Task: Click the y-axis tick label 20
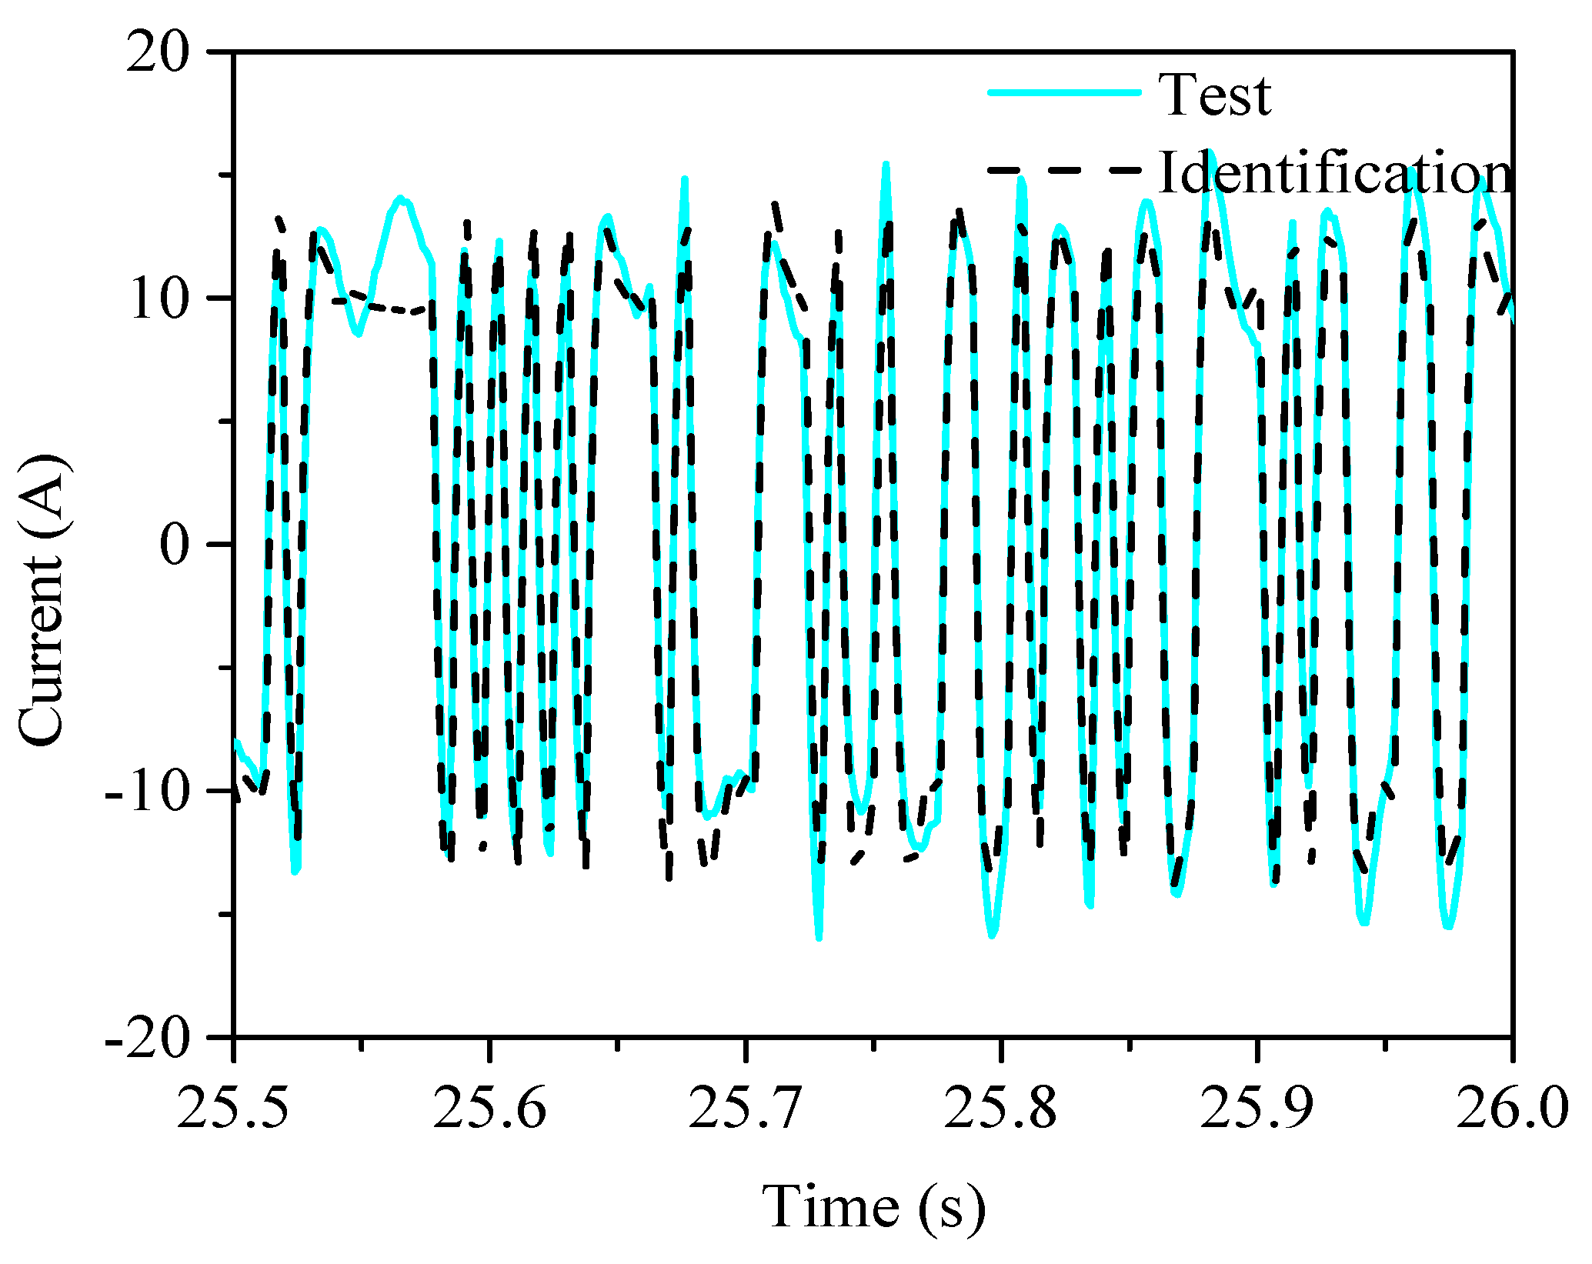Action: tap(158, 55)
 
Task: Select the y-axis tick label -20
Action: tap(147, 1039)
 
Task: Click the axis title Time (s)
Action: tap(873, 1206)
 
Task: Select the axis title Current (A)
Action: tap(42, 600)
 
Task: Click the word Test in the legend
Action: tap(1215, 95)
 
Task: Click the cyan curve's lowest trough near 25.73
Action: tap(819, 938)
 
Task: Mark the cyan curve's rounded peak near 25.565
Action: tap(400, 198)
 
